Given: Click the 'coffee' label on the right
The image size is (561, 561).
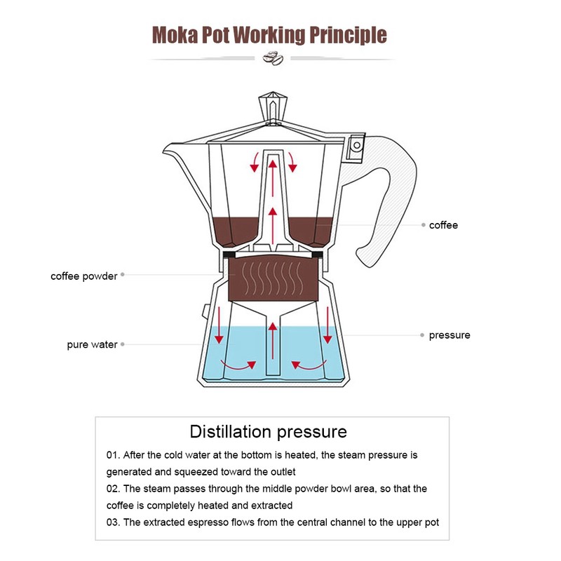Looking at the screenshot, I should click(x=443, y=225).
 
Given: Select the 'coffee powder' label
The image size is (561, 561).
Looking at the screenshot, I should click(x=83, y=276).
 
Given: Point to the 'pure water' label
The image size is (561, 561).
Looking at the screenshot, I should click(x=92, y=345).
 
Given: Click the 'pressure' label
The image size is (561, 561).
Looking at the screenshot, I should click(x=450, y=335).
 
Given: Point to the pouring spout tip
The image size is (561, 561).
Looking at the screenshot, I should click(x=167, y=149).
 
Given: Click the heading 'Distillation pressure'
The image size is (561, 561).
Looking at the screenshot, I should click(x=268, y=431).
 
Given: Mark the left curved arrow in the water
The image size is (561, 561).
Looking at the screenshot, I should click(x=237, y=364).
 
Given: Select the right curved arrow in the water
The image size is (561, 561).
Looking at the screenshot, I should click(x=306, y=364).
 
